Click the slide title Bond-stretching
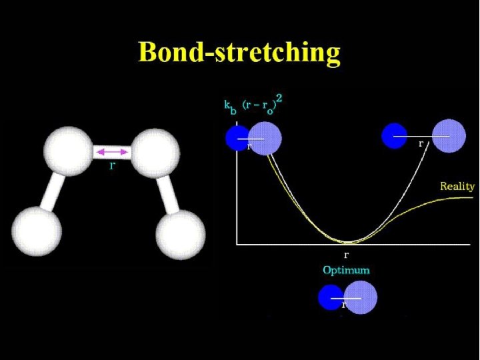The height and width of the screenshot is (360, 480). [239, 52]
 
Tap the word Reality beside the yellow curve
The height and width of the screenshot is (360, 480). [457, 186]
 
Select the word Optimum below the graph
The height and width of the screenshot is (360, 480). [346, 270]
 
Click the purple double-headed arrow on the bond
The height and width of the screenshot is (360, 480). [112, 153]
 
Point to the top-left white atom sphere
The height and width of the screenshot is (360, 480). [67, 151]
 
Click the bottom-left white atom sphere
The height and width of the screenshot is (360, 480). [37, 231]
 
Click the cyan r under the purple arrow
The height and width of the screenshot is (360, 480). [111, 165]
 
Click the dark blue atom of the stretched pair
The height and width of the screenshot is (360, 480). [394, 135]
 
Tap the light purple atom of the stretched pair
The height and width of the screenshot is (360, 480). [448, 137]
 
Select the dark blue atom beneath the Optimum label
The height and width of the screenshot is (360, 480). [331, 297]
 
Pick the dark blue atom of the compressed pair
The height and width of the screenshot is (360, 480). [237, 138]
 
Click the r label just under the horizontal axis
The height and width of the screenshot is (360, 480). [346, 254]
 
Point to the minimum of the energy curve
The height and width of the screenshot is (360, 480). [347, 241]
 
